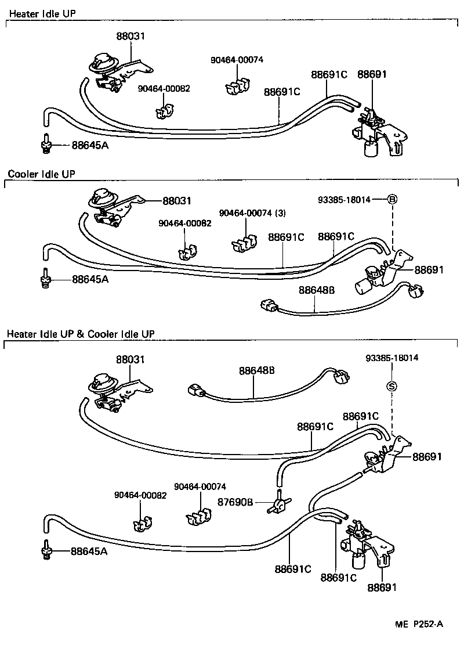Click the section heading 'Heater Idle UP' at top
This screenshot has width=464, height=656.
tap(43, 12)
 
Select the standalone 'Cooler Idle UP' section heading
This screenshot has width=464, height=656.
tap(42, 173)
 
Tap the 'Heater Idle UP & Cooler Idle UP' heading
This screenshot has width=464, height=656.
tap(81, 334)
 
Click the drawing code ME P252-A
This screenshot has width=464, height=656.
tap(419, 624)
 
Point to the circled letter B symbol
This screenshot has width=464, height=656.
tap(392, 200)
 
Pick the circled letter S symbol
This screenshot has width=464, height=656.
tap(391, 386)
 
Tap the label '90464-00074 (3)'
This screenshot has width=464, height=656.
tap(252, 213)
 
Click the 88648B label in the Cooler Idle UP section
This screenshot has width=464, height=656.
tap(316, 290)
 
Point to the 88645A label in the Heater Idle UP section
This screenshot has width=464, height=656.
tap(90, 145)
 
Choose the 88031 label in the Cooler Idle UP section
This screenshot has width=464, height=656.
tap(177, 201)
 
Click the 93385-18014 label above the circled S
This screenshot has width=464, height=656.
tap(391, 358)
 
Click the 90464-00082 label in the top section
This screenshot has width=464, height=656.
tap(164, 88)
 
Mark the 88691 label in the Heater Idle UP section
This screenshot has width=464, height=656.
tap(372, 74)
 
